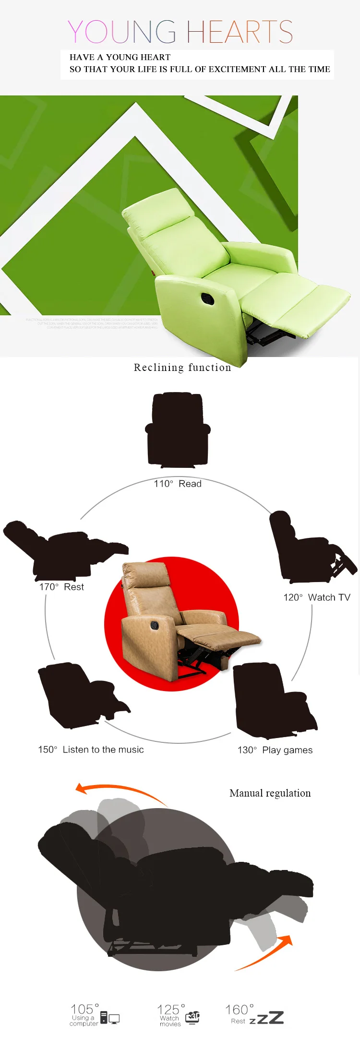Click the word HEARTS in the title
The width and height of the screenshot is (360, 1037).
coord(239,32)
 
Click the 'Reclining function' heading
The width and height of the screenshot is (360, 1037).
coord(182,368)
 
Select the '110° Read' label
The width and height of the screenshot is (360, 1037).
coord(177,484)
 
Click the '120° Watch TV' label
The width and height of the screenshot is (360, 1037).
coord(316,597)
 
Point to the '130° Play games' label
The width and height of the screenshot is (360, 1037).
coord(275,750)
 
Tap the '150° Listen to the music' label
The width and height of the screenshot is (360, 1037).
coord(91,750)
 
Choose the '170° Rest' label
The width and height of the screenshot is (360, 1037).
coord(61,587)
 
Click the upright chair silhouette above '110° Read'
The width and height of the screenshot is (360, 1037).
coord(178,429)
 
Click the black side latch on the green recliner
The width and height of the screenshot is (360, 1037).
coord(208,298)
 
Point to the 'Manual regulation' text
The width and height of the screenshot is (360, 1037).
coord(270,793)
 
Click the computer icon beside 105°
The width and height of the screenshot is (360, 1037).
coord(109,1017)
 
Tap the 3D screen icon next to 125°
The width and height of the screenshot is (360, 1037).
coord(192,1017)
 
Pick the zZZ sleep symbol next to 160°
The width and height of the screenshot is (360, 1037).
coord(266,1018)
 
